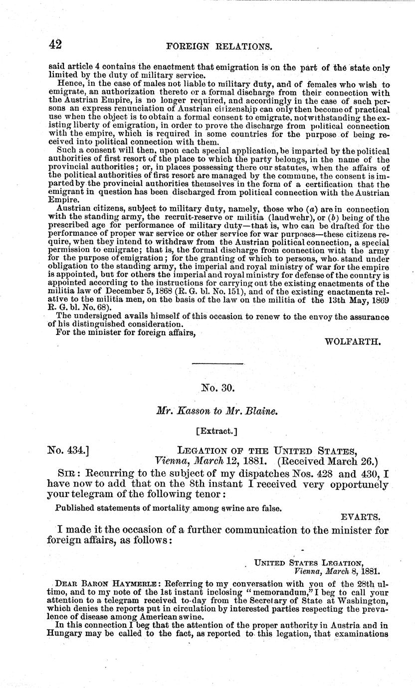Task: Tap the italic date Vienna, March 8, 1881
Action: tap(338, 571)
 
